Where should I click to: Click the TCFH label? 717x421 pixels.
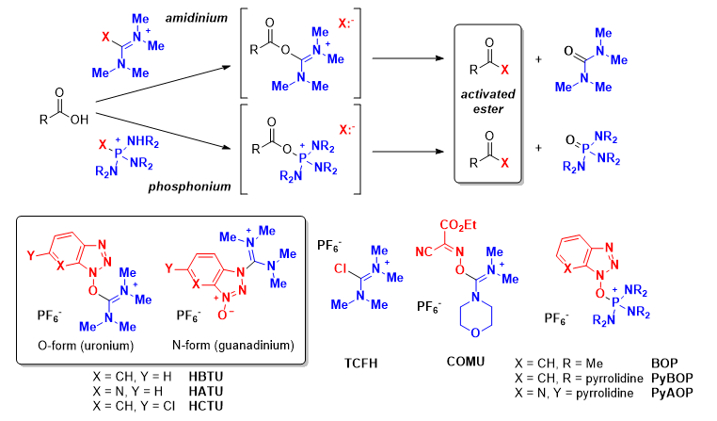(x=355, y=361)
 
